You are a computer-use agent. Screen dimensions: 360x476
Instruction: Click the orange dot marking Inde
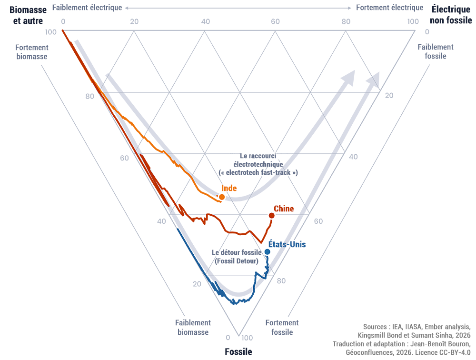tap(221, 197)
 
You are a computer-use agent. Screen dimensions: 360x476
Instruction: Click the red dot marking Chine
tap(272, 216)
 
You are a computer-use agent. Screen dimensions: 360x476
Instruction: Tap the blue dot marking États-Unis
tap(268, 251)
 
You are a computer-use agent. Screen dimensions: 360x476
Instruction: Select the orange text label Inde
tap(229, 188)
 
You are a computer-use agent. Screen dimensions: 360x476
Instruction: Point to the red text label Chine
tap(284, 209)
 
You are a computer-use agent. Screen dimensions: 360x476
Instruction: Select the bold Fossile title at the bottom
tap(238, 352)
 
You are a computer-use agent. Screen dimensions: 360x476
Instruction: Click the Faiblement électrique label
tap(88, 8)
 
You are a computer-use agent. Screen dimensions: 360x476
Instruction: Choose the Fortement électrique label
tap(389, 8)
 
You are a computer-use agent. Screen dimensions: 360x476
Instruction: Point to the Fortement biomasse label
tap(31, 52)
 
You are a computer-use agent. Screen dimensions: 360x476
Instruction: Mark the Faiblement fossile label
tap(436, 51)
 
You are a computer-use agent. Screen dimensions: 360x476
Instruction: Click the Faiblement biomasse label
tap(193, 327)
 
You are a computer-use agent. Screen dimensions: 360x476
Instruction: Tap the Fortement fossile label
tap(282, 327)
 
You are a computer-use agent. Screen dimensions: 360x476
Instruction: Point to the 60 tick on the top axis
tap(275, 21)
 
